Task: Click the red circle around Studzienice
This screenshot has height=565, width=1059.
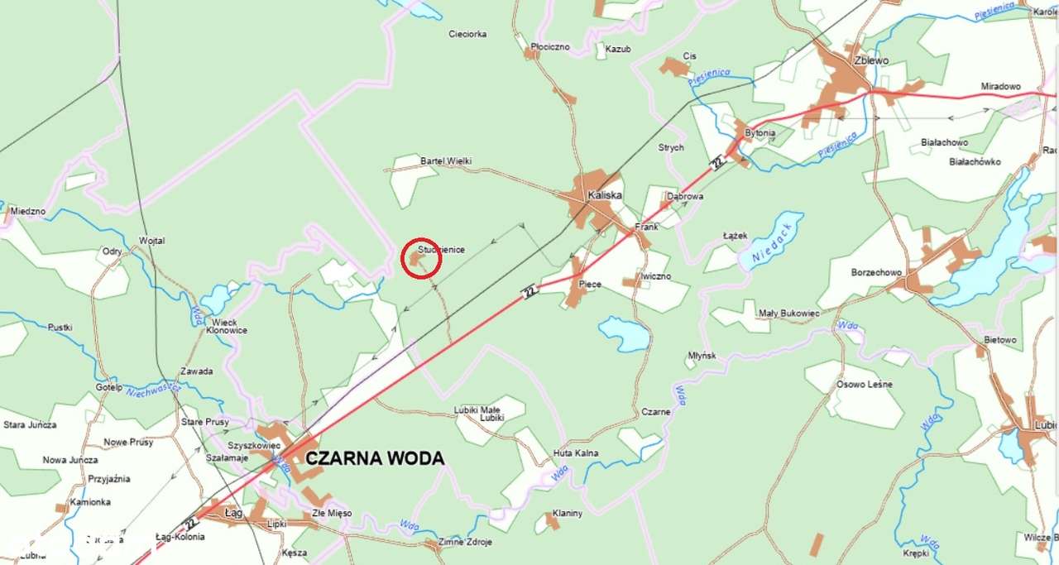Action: (421, 259)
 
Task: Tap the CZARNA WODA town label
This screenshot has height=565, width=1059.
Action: (375, 458)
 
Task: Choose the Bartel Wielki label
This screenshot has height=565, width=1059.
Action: (446, 160)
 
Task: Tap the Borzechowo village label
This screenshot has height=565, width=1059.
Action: (876, 272)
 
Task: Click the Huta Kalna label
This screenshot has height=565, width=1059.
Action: (577, 453)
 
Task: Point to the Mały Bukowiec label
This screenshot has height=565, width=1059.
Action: (789, 314)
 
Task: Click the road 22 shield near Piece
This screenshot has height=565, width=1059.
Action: (530, 291)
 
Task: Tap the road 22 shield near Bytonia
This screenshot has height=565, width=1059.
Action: (717, 162)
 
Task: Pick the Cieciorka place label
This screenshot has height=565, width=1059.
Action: (467, 35)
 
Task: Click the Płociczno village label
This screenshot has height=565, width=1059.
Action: (550, 47)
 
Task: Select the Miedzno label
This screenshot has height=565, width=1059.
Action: (28, 212)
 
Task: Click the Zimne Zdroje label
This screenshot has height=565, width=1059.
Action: (466, 542)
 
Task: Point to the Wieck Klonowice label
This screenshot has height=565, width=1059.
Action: (226, 326)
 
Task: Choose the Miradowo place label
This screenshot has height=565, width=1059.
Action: (1001, 86)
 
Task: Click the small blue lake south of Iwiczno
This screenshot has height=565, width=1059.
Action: (625, 333)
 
